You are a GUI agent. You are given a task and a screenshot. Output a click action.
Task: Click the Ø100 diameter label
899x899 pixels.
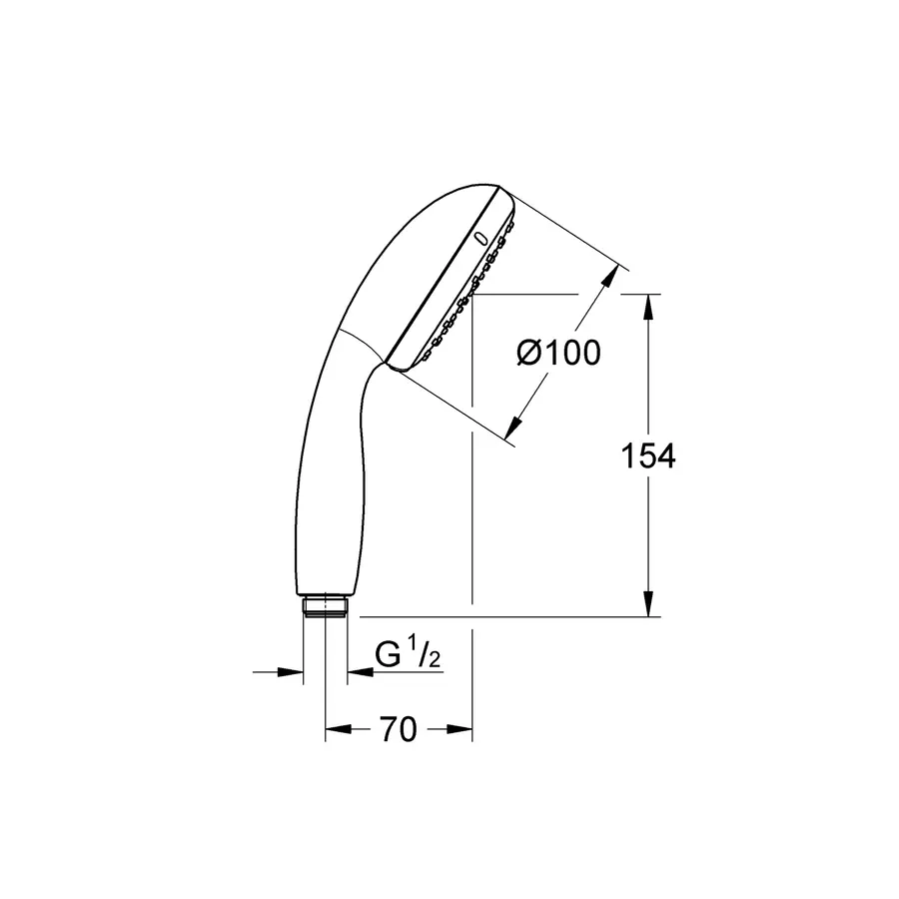coord(559,353)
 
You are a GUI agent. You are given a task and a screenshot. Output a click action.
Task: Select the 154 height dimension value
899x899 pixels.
coord(648,455)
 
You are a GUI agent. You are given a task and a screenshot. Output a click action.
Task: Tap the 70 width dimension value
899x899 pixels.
coord(398,730)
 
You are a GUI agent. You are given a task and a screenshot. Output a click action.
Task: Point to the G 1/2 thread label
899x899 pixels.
coord(409,654)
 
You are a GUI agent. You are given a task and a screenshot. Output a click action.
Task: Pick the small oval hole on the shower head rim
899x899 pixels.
coord(481,240)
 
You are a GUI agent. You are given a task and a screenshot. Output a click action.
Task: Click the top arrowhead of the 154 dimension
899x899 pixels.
coord(649,306)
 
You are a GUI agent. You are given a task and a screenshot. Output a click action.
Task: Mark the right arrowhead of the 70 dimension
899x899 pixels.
coord(460,730)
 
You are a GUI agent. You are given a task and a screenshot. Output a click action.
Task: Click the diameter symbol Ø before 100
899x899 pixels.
coord(529,353)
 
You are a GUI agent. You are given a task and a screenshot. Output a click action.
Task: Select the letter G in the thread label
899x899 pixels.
coord(388,655)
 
